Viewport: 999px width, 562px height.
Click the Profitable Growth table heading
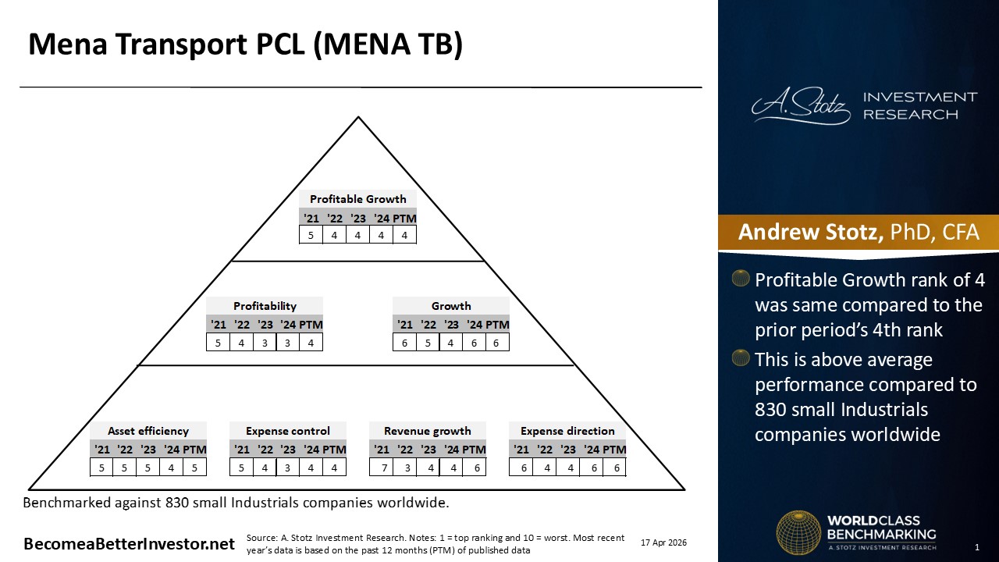pos(357,199)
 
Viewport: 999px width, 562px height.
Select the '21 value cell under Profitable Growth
pos(311,235)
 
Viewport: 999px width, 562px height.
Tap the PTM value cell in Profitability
pos(311,343)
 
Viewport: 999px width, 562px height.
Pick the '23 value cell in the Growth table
pos(450,343)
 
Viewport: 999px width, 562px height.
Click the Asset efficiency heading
pos(148,431)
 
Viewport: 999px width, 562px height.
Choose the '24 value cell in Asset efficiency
pos(171,468)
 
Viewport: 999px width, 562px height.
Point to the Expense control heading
pos(288,431)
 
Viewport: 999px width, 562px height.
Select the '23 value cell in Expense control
pos(288,468)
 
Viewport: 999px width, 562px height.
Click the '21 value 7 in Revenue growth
pos(384,468)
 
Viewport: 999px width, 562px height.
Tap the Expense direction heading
pos(567,431)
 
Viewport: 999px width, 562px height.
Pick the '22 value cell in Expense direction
pos(547,468)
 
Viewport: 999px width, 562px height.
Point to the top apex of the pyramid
pos(358,117)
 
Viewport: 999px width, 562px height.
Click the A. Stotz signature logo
pos(801,106)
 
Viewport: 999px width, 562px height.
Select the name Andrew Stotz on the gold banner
pos(810,232)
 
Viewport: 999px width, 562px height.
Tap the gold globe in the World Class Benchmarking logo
pos(798,532)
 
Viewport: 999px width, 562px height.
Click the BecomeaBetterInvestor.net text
pos(129,544)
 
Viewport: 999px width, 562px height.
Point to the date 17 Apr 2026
pos(663,542)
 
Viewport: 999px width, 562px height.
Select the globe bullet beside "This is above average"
pos(741,357)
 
